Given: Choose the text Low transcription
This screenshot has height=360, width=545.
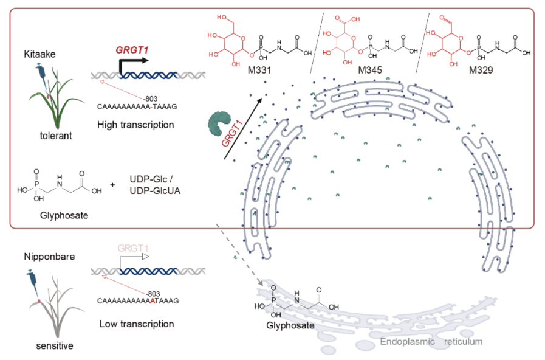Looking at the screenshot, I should [x=136, y=324].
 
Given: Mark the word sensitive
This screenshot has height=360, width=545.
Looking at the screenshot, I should [x=53, y=345].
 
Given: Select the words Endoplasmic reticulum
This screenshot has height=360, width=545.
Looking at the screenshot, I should [x=431, y=342].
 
